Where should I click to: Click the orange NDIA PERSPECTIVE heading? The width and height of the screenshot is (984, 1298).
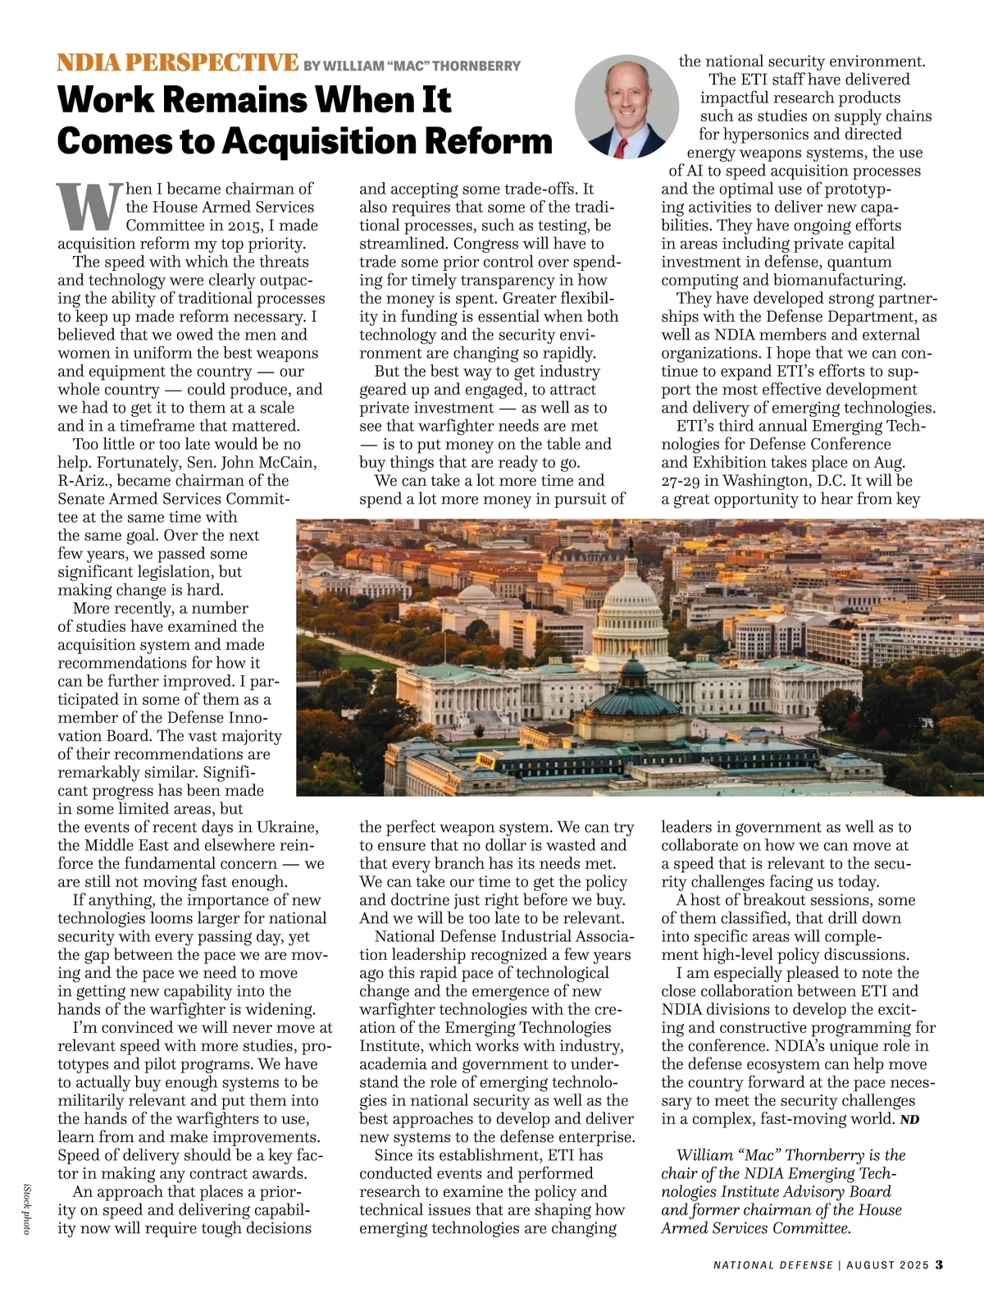[177, 63]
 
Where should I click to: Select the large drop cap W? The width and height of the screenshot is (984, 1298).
[89, 207]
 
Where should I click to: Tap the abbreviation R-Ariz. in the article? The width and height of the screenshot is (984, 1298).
[84, 481]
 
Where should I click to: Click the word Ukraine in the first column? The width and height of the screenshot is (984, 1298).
[287, 827]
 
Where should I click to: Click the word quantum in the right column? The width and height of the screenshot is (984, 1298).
[859, 262]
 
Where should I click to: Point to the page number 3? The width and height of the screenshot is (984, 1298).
[940, 1264]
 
